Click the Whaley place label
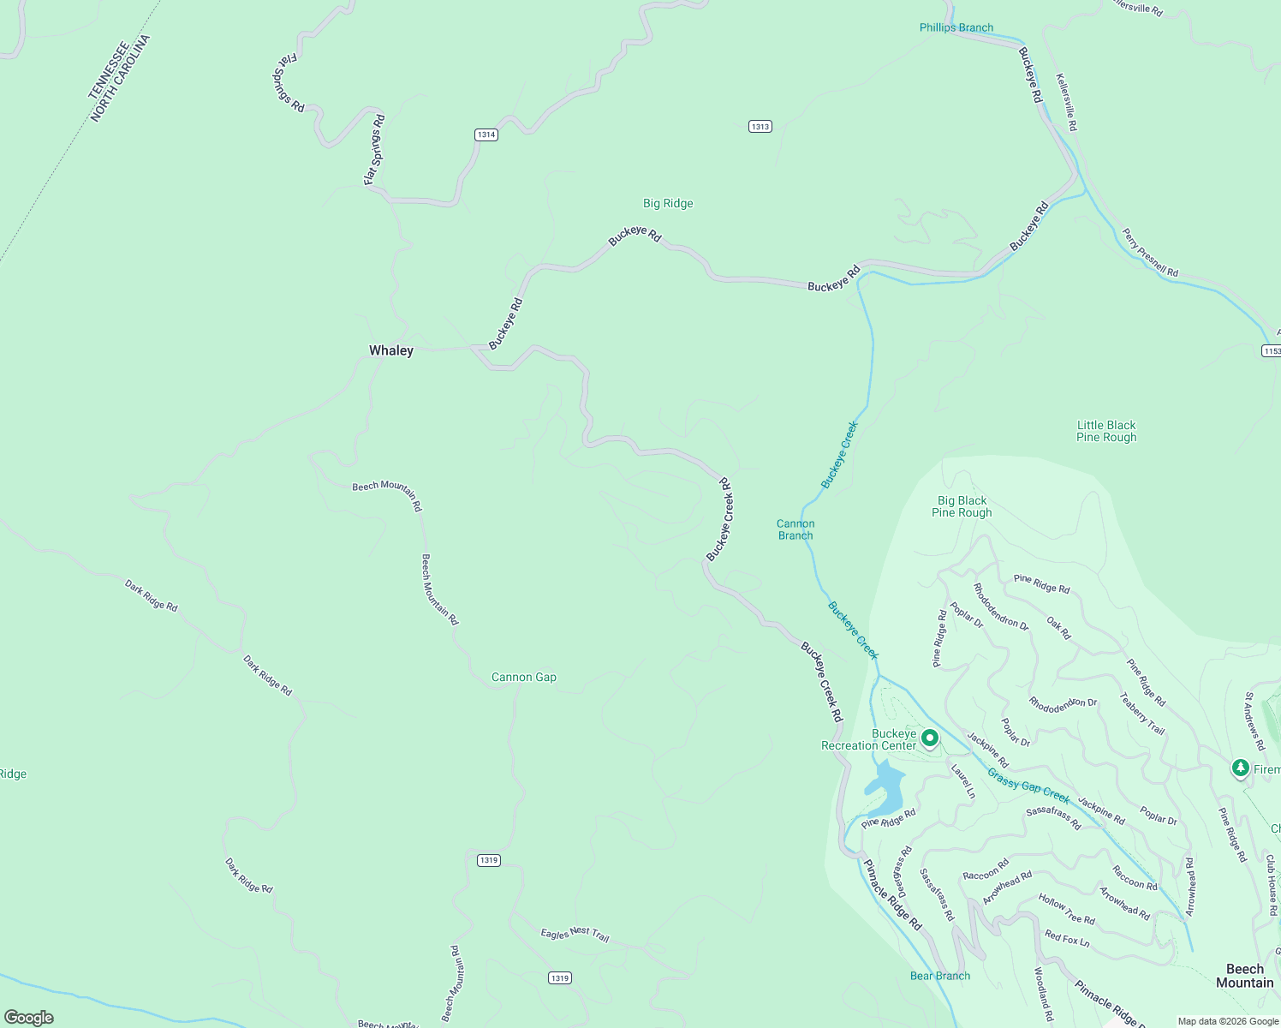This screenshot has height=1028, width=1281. (x=391, y=350)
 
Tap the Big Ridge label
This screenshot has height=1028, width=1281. (x=668, y=203)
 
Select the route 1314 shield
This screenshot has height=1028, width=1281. (x=486, y=134)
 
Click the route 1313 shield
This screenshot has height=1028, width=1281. (x=760, y=127)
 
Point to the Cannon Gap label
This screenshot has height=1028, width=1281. (x=524, y=677)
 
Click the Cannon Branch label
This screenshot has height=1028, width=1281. (x=795, y=529)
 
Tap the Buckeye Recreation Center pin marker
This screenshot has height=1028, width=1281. (x=930, y=738)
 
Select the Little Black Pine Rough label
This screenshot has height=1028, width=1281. (x=1106, y=431)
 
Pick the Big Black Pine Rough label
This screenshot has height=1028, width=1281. (x=962, y=506)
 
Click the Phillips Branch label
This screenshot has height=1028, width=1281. (x=956, y=27)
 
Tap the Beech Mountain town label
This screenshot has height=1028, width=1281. (x=1245, y=976)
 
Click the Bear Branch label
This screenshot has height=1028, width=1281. (x=940, y=976)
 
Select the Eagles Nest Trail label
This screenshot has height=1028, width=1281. (x=575, y=934)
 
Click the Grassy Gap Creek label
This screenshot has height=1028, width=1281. (x=1028, y=786)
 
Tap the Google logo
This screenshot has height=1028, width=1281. (x=29, y=1018)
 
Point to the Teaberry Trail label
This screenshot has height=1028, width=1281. (x=1142, y=714)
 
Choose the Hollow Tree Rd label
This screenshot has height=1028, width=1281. (x=1066, y=909)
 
